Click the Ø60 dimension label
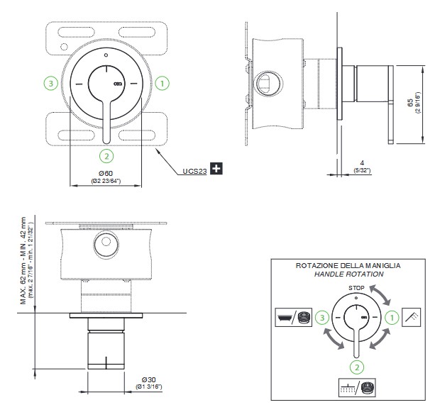(x=105, y=173)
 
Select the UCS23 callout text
(x=194, y=170)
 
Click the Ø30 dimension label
(x=148, y=378)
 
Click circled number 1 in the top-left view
(x=163, y=84)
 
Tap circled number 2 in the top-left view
(x=106, y=155)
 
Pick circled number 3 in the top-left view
(x=50, y=84)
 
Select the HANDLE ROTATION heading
(x=350, y=274)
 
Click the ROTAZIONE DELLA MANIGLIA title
(x=350, y=265)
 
